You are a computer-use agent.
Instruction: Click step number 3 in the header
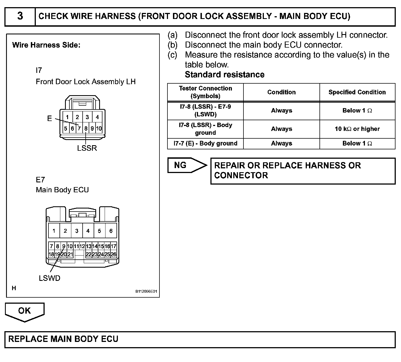tap(20, 16)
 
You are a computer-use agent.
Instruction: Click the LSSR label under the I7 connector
tap(87, 148)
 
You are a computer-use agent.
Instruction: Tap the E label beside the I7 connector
tap(50, 119)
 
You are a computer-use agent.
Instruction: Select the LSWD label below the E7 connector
tap(50, 278)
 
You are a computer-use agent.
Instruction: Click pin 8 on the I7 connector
tap(86, 128)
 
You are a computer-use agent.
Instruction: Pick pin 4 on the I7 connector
tap(97, 117)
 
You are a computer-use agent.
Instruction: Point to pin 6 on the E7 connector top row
tap(111, 231)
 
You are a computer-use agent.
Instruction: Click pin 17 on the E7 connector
tap(113, 246)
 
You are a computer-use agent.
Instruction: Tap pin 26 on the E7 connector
tap(113, 254)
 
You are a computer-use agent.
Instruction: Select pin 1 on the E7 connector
tap(54, 231)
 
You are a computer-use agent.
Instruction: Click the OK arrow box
tap(25, 311)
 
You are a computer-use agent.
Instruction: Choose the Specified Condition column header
tap(357, 92)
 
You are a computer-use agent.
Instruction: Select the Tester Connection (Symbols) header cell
tap(205, 92)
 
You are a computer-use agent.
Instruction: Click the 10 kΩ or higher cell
tap(357, 129)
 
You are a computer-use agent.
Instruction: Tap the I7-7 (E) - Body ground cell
tap(205, 144)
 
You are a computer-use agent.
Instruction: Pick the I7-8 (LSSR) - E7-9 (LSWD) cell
tap(205, 111)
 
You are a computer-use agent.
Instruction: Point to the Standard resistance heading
tap(224, 75)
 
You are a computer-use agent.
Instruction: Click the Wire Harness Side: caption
tap(46, 45)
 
